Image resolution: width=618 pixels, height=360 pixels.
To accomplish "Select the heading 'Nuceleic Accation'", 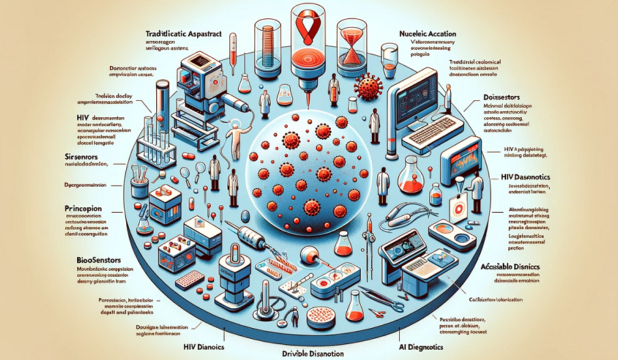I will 428,33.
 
